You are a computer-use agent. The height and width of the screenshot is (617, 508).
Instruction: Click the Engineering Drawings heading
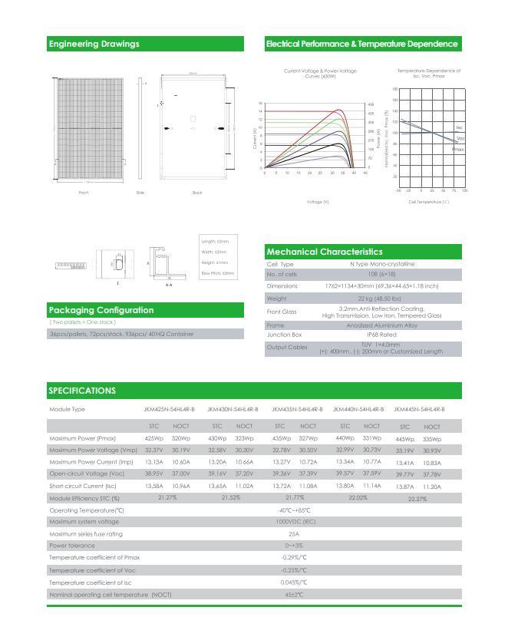[94, 44]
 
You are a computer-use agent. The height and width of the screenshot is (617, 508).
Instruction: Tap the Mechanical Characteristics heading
[324, 252]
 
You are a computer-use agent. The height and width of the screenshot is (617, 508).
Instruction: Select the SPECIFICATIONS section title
[82, 391]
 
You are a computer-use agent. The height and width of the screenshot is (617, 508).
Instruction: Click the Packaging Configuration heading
[101, 310]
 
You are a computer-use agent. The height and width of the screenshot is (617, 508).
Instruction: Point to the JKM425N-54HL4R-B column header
[169, 410]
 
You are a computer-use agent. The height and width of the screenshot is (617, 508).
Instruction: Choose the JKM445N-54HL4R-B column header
[419, 410]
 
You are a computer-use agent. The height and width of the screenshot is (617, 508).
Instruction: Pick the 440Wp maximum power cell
[345, 437]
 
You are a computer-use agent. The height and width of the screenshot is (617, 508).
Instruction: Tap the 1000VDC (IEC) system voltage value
[295, 522]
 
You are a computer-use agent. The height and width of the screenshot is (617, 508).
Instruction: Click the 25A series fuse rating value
[293, 533]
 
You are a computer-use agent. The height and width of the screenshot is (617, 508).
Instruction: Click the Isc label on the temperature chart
[459, 127]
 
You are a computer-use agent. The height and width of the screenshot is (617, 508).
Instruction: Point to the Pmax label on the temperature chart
[457, 150]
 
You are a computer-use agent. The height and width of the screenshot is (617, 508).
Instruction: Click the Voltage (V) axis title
[317, 202]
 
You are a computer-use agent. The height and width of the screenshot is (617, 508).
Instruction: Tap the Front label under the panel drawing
[84, 193]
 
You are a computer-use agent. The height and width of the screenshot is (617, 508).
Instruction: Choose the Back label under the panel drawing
[197, 193]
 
